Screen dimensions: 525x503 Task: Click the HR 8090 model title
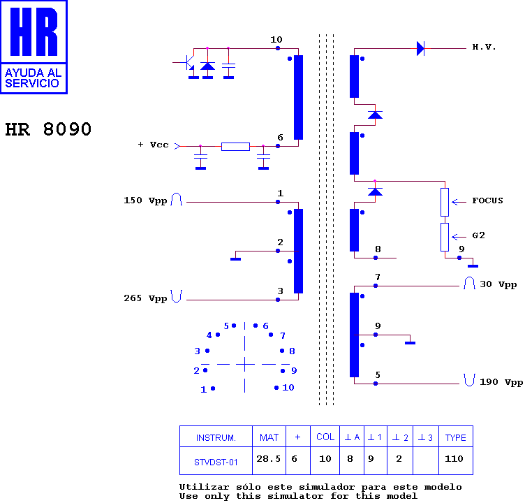coord(48,129)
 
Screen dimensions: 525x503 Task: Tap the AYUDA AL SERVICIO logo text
coord(33,78)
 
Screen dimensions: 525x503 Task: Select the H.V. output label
coord(484,47)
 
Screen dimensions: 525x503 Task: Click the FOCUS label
coord(487,201)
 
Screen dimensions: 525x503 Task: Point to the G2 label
coord(478,235)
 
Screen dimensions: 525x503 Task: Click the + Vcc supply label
coord(153,145)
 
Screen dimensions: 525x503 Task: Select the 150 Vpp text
coord(145,201)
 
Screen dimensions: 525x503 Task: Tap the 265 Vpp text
coord(145,298)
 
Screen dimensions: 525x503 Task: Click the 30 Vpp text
coord(498,284)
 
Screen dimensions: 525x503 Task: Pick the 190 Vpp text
coord(501,382)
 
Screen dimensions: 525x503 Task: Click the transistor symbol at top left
coord(188,64)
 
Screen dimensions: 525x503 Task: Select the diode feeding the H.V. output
coord(420,49)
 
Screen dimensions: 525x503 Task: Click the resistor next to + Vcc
coord(235,147)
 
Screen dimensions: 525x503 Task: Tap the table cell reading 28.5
coord(269,459)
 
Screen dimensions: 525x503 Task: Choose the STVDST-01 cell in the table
coord(216,462)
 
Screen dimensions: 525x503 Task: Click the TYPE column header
coord(456,437)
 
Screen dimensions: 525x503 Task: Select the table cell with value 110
coord(454,459)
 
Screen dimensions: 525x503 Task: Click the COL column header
coord(325,437)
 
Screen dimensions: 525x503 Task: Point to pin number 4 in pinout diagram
coord(209,335)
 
